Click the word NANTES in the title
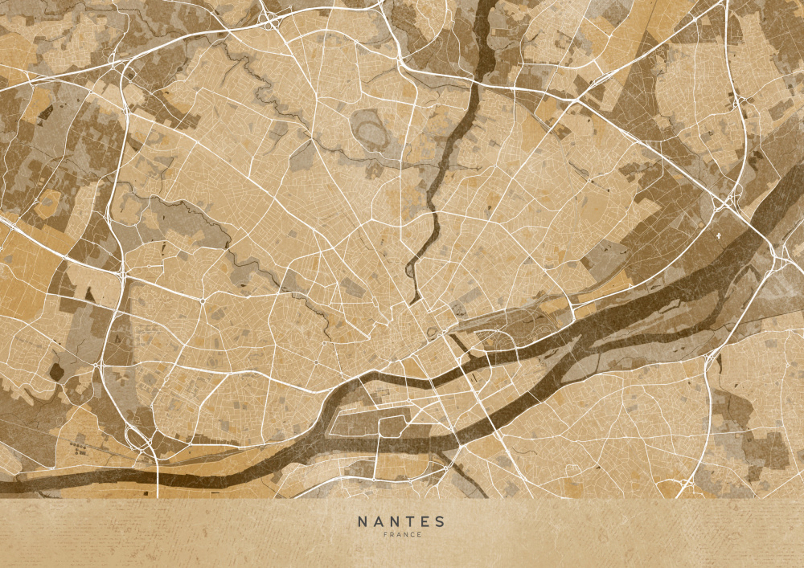[400, 521]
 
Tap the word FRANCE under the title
[401, 535]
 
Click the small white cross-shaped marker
[719, 238]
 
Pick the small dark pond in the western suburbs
[56, 371]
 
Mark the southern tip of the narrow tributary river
[415, 300]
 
